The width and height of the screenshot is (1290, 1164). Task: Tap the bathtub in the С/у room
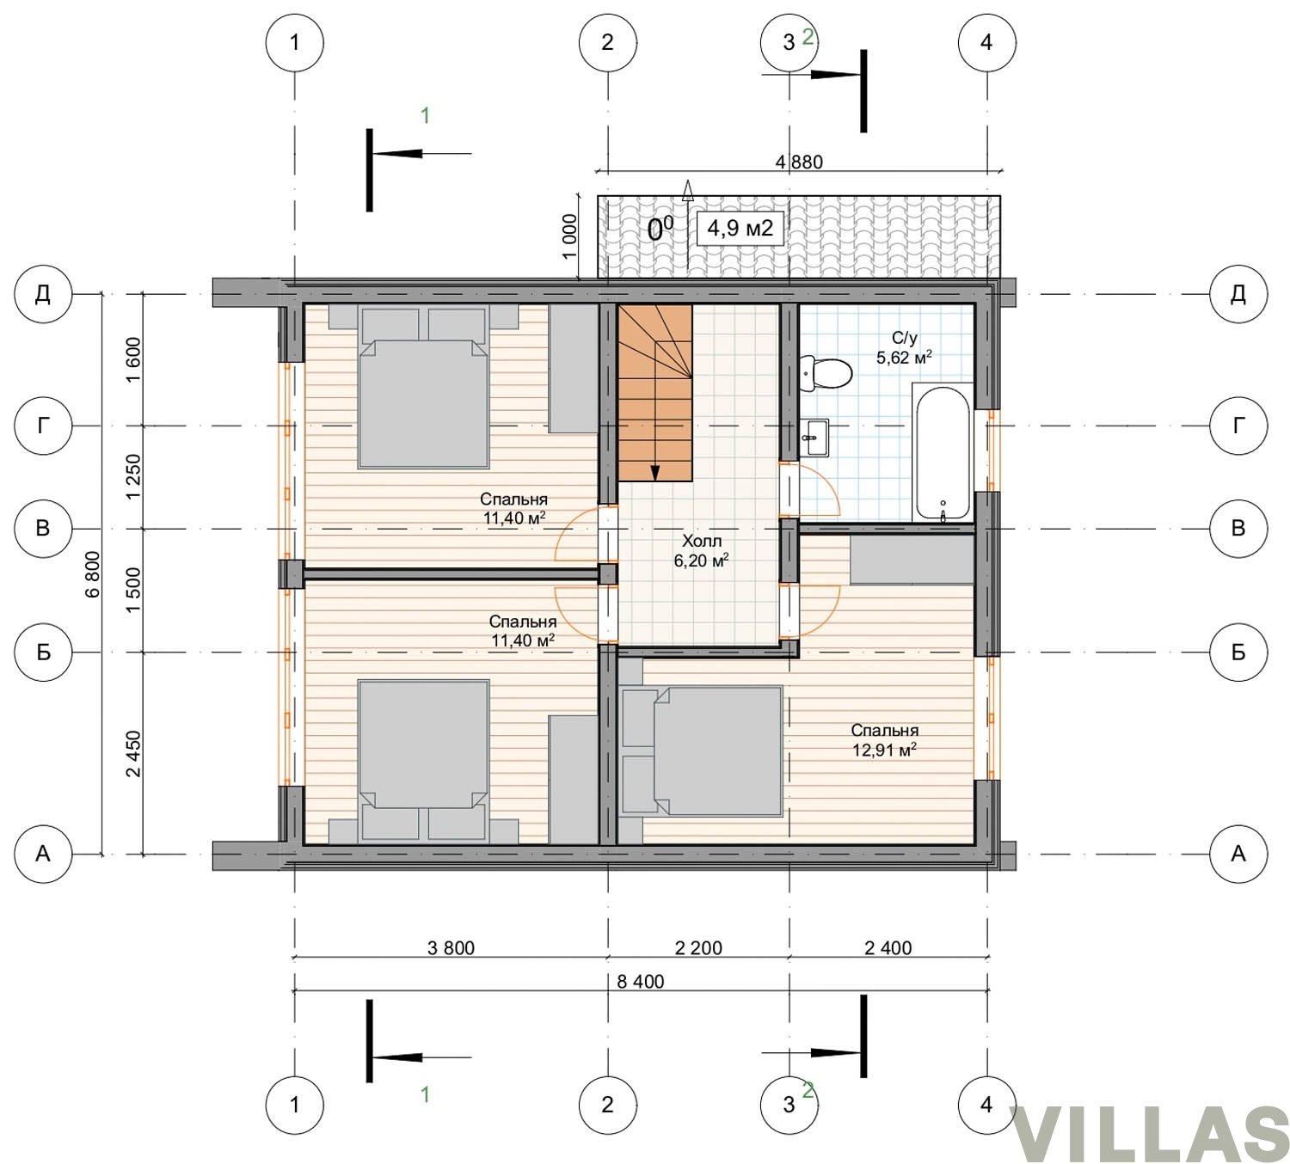[943, 453]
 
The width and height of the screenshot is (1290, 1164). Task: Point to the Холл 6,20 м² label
[701, 550]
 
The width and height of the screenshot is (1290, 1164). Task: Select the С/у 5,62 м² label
[904, 348]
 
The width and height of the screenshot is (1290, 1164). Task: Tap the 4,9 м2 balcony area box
[740, 229]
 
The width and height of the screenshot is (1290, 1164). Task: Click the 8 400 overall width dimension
[640, 982]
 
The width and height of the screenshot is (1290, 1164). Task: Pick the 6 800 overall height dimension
[93, 573]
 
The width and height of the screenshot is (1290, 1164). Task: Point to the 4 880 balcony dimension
[799, 162]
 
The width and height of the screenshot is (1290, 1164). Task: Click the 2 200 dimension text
[698, 947]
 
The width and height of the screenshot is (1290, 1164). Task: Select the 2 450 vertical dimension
[133, 753]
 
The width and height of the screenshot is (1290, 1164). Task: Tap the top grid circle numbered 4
[987, 42]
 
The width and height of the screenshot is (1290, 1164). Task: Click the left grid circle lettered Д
[43, 294]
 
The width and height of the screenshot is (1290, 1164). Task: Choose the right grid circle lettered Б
[1238, 652]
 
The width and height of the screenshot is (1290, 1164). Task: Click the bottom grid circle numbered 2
[608, 1105]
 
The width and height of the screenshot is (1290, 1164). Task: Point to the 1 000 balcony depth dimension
[570, 236]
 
